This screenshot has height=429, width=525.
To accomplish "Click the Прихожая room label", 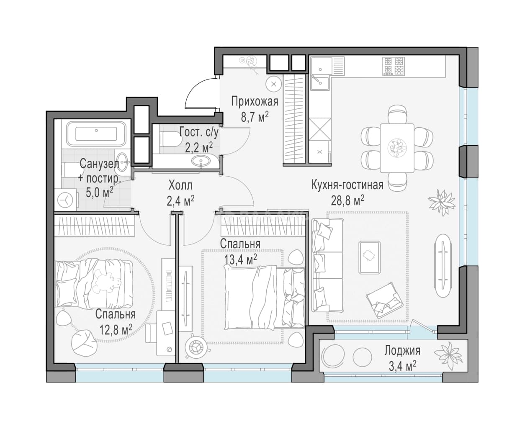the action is pos(255,102).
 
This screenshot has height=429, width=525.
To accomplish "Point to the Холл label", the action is pos(180,185).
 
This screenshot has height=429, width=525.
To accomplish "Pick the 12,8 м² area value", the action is pos(116,329).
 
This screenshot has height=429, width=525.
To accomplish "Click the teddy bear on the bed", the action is pos(106,281).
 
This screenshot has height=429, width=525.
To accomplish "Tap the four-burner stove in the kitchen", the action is pos(393,66).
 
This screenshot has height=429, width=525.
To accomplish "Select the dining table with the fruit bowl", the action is pos(397,148).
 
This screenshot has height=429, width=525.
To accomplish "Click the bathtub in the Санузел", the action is pos(96,134).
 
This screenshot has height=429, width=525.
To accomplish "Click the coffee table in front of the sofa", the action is pos(369,257).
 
